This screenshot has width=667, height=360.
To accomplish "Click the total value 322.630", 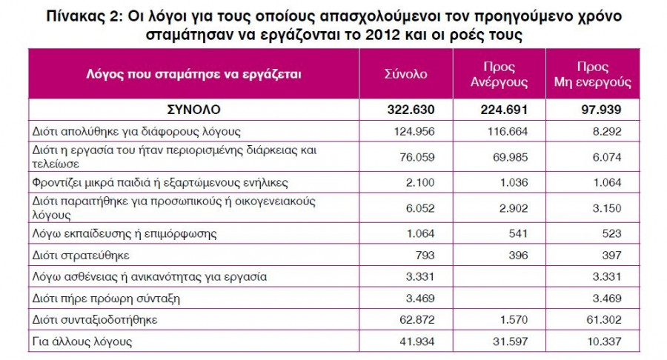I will tap(410, 110).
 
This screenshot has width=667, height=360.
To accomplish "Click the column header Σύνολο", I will tap(405, 75).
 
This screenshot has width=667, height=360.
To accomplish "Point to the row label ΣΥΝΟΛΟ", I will tap(193, 110).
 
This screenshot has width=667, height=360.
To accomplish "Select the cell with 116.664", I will tap(510, 131).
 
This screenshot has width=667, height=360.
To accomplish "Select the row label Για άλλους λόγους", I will tap(82, 341).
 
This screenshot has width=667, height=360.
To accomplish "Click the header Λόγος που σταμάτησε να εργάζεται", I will tap(194, 75).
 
